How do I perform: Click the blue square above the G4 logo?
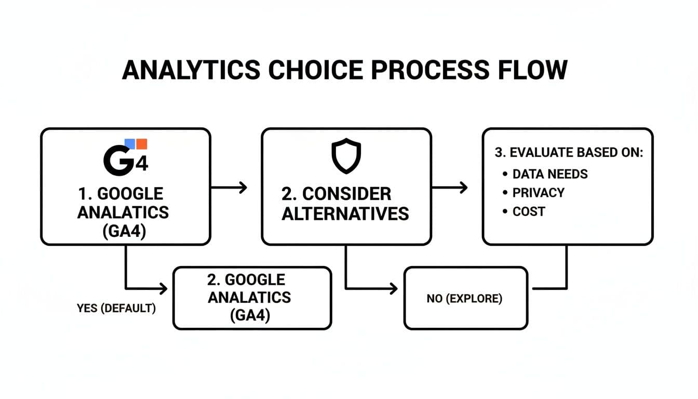coord(130,144)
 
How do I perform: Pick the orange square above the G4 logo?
coord(141,144)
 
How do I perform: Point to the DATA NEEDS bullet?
coord(549,174)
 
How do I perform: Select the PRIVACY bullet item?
coord(538,193)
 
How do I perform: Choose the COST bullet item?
coord(529,211)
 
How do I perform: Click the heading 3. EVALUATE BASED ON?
coord(569,153)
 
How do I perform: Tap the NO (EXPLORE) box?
coord(466,299)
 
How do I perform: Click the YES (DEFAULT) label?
coord(116,308)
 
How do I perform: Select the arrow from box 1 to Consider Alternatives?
coord(229,187)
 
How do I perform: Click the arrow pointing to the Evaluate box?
coord(450,187)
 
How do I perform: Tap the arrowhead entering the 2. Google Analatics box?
coord(164,288)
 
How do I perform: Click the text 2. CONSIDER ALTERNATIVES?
coord(345,204)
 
